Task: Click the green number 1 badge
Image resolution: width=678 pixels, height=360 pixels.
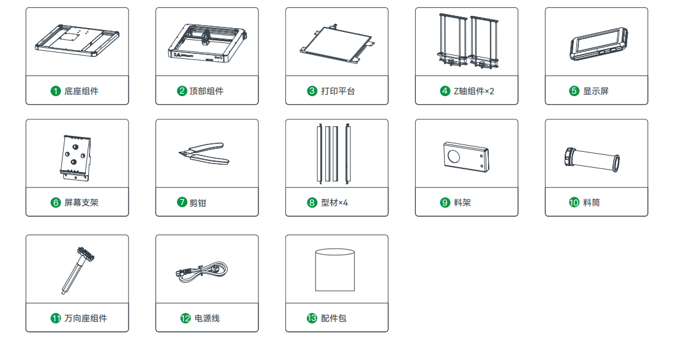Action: point(55,91)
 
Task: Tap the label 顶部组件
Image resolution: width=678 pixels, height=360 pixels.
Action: point(206,91)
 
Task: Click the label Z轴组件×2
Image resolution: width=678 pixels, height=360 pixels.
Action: point(473,91)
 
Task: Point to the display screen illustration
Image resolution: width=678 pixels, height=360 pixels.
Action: point(598,44)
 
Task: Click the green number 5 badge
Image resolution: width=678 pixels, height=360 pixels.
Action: point(574,91)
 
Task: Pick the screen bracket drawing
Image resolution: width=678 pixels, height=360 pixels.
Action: point(76,157)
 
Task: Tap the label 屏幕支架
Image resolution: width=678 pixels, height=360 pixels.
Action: point(81,202)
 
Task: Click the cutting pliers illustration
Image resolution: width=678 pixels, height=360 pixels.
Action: point(204,154)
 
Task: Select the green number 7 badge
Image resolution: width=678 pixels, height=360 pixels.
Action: point(182,202)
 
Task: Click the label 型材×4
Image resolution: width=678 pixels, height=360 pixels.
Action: point(334,202)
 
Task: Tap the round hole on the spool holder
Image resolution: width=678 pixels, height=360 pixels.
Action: point(454,156)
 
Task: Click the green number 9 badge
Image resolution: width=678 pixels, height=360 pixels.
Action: point(445,202)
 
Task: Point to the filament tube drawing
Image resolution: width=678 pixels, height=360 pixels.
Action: point(592,159)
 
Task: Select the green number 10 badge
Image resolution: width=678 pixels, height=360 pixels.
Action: point(574,202)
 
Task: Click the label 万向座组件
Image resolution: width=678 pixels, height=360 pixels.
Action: point(86,318)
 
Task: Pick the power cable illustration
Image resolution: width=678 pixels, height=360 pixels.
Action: point(202,272)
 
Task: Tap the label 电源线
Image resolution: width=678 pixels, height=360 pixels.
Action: point(206,318)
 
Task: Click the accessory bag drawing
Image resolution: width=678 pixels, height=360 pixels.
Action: point(335,269)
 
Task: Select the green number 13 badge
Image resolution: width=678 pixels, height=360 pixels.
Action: point(312,318)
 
